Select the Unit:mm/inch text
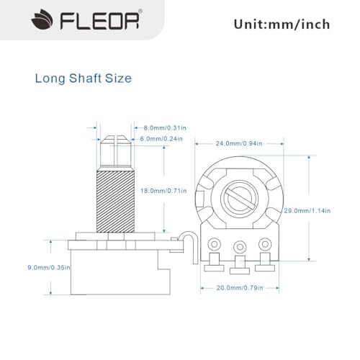tap(282, 24)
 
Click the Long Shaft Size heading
tap(84, 78)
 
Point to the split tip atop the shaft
tap(112, 140)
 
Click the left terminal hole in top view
tap(213, 246)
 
